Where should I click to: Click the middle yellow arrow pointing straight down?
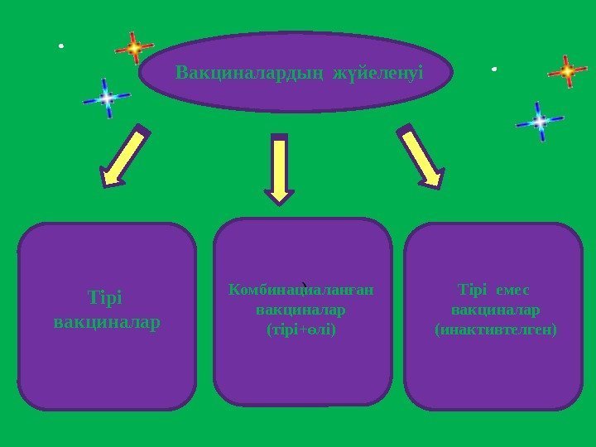[x=281, y=169]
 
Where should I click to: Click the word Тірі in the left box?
[x=107, y=297]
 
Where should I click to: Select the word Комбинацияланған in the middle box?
[x=301, y=290]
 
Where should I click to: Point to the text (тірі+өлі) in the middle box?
[x=301, y=329]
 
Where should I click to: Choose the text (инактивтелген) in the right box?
[x=496, y=329]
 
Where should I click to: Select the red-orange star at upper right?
[x=568, y=72]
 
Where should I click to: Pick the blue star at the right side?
[x=539, y=122]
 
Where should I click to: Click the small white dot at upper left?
[x=60, y=46]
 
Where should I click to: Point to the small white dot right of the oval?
[x=493, y=69]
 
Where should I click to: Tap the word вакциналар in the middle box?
[x=301, y=310]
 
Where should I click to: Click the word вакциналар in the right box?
[x=496, y=310]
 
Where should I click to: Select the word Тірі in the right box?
[x=473, y=291]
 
